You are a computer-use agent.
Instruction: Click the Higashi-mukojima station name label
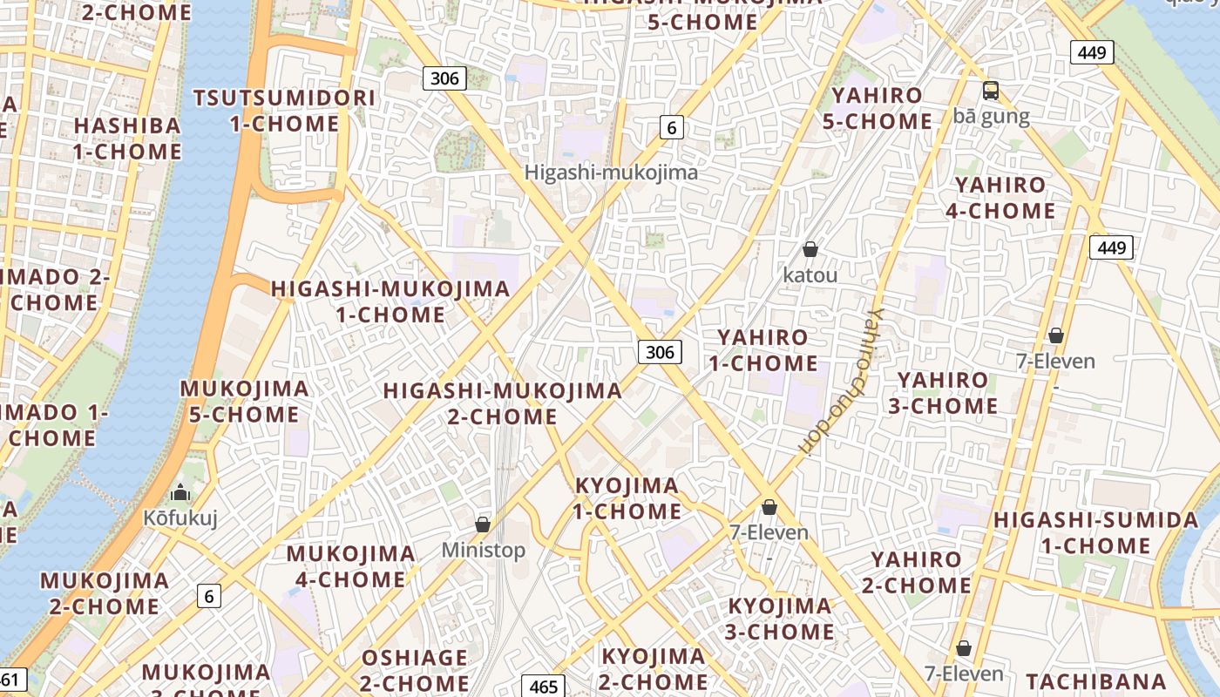611,173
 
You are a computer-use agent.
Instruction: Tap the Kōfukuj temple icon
180,493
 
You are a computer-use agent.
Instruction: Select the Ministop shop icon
483,524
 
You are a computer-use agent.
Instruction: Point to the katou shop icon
810,249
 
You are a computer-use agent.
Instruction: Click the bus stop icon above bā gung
991,90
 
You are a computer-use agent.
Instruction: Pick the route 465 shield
543,687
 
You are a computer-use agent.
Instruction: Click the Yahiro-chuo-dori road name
841,382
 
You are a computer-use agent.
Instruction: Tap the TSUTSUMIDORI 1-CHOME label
285,111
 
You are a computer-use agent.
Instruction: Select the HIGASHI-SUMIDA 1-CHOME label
1096,533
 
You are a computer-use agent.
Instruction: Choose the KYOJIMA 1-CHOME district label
627,498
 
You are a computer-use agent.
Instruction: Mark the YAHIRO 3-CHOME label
943,393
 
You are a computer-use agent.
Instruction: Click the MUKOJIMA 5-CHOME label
244,402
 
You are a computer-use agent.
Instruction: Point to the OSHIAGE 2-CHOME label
414,669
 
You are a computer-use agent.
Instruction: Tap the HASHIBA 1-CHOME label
127,139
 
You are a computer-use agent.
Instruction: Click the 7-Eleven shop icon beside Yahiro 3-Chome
1056,335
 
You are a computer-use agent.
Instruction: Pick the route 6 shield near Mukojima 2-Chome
208,596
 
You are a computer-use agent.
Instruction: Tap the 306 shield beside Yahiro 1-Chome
661,352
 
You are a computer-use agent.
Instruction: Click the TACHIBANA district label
1095,681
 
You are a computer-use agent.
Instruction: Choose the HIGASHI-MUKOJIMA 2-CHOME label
503,403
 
